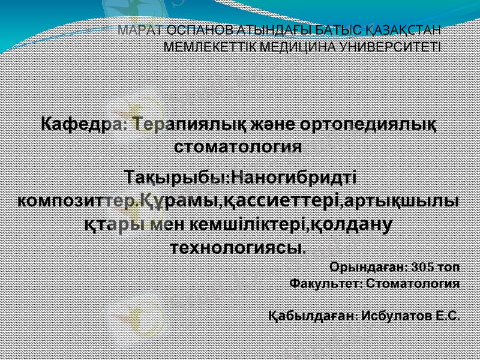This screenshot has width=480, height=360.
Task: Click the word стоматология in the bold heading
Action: click(x=238, y=146)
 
